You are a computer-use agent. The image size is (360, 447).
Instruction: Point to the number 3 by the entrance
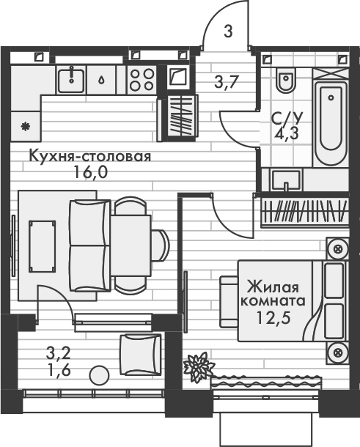coord(228,32)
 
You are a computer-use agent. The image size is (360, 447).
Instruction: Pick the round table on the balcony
coord(98,374)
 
